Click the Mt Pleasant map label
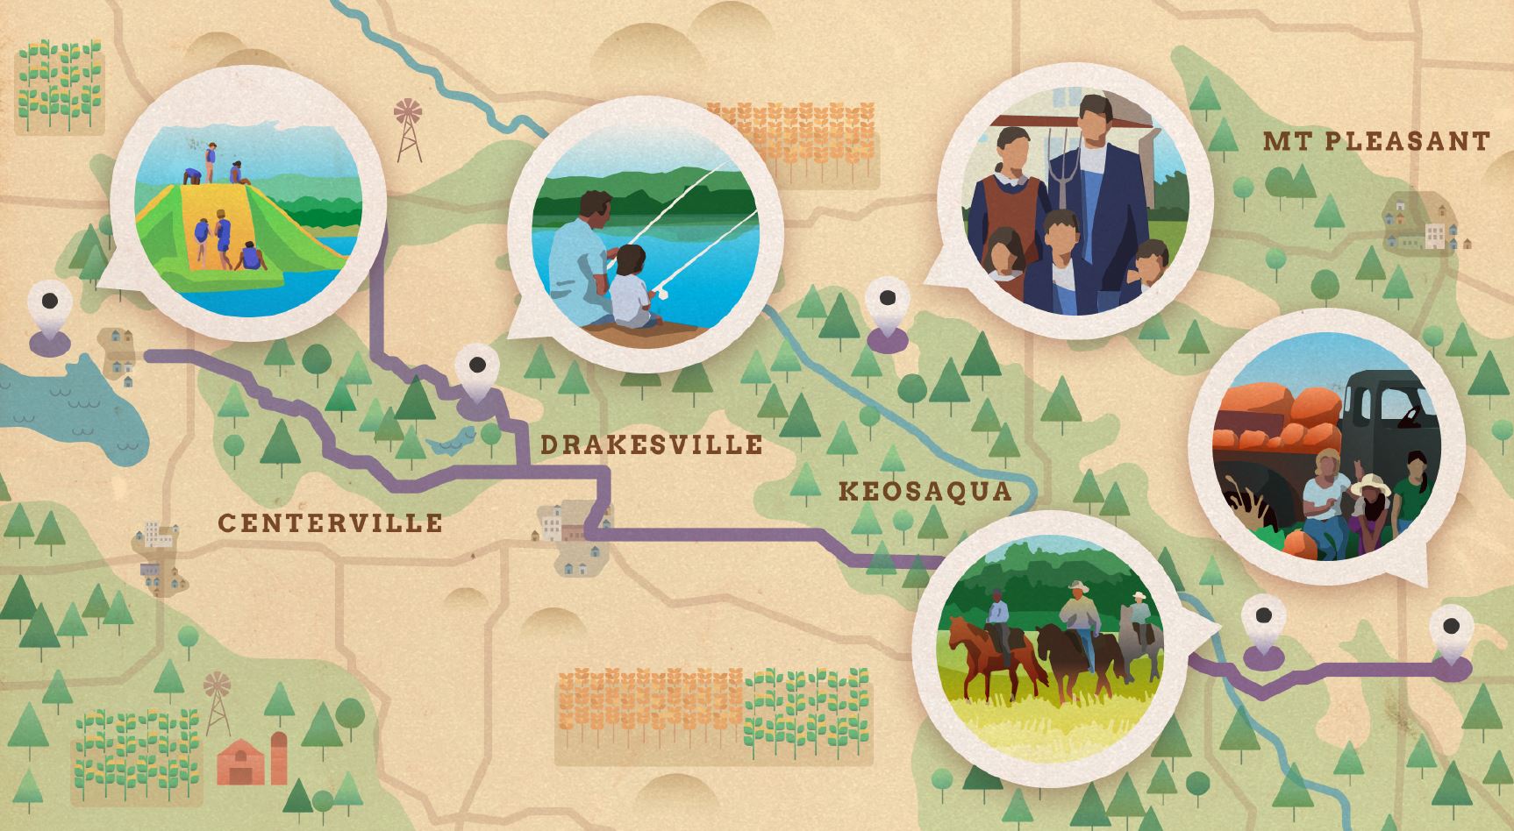click(x=1376, y=141)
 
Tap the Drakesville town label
click(x=651, y=445)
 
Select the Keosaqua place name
click(x=925, y=491)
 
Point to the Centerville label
click(x=330, y=523)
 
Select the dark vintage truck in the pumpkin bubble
click(x=1386, y=412)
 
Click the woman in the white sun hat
click(x=1371, y=508)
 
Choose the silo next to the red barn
click(x=278, y=758)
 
